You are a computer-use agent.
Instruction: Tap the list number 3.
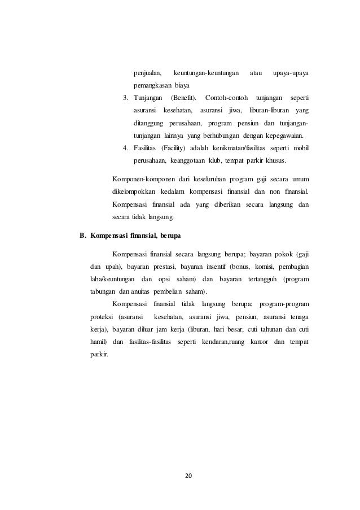(126, 98)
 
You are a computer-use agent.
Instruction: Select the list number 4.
(126, 148)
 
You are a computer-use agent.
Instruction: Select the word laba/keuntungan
(112, 279)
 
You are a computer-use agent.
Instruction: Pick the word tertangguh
(258, 279)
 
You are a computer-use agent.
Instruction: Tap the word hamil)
(99, 342)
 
